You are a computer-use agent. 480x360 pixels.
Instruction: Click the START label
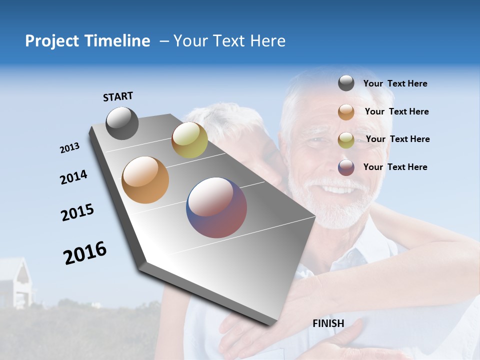[x=118, y=96]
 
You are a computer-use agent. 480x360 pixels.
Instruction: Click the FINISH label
[x=328, y=323]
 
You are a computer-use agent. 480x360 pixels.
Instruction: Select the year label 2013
[x=69, y=148]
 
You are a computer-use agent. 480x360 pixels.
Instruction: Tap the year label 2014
[x=73, y=177]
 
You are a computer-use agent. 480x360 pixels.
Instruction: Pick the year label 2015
[x=77, y=212]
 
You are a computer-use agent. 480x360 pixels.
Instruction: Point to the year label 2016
[x=85, y=253]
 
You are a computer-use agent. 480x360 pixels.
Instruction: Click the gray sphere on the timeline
[x=122, y=123]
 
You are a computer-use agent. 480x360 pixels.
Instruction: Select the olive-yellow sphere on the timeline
[x=189, y=140]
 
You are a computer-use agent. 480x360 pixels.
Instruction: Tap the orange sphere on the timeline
[x=145, y=180]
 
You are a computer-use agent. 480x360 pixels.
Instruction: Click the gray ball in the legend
[x=346, y=83]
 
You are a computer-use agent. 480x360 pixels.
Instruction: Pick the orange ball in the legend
[x=346, y=112]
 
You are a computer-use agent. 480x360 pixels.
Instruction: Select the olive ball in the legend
[x=346, y=140]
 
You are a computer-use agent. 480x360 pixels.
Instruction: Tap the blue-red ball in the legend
[x=346, y=167]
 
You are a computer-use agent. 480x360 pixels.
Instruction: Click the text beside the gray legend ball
[x=395, y=83]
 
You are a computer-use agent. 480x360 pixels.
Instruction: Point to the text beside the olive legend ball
[x=397, y=139]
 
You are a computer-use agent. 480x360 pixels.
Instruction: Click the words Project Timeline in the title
[x=87, y=41]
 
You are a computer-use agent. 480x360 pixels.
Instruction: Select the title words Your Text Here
[x=229, y=41]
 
